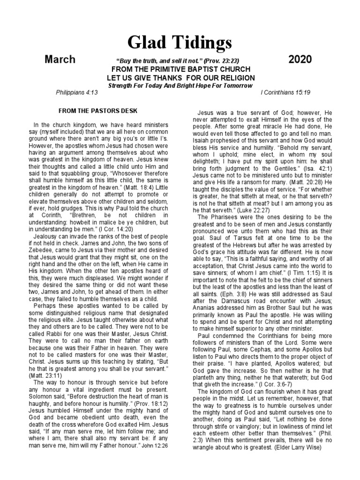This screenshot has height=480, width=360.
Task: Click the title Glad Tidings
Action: pyautogui.click(x=180, y=43)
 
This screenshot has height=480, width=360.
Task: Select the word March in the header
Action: pyautogui.click(x=60, y=60)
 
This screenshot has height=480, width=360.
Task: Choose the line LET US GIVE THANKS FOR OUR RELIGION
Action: pyautogui.click(x=180, y=78)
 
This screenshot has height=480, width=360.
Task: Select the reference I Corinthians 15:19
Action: pyautogui.click(x=285, y=93)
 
